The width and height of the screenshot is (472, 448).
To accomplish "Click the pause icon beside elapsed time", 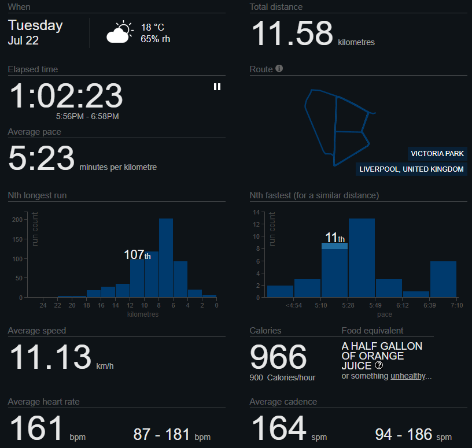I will coord(217,87).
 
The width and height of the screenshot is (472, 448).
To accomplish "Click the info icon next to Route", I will coord(279,69).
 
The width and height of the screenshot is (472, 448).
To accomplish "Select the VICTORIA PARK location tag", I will coord(437,154).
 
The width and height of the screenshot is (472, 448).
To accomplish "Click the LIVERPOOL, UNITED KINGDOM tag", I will coord(411,169).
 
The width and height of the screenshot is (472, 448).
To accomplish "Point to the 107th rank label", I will coord(137,255).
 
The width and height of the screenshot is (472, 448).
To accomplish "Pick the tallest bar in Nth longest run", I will coord(166,257).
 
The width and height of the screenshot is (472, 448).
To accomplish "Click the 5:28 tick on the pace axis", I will coord(349,305).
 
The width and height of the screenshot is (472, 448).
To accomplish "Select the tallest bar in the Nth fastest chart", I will coord(362,257).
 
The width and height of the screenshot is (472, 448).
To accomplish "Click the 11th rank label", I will coord(334,238).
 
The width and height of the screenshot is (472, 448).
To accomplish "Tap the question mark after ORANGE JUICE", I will coord(379,365).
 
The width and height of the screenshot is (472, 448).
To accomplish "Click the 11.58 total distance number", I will coord(292,34).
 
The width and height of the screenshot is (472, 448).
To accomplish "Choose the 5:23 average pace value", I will coord(41,158).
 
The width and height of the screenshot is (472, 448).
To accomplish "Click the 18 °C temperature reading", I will coord(153,27).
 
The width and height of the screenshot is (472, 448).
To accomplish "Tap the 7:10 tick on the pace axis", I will coord(456,305).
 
